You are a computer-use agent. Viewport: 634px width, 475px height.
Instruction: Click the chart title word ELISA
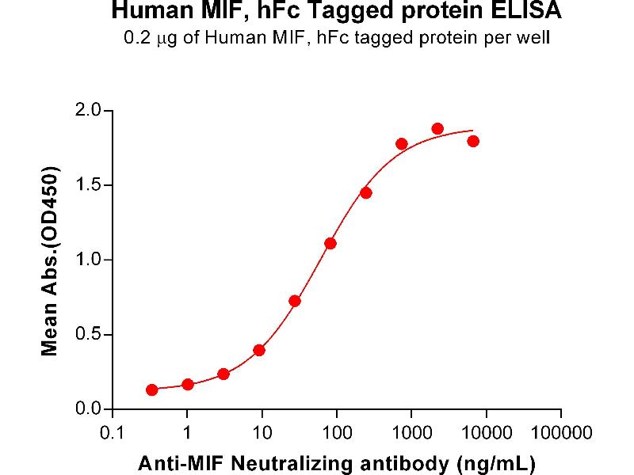point(532,11)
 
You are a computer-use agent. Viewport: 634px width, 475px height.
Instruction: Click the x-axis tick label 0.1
point(112,433)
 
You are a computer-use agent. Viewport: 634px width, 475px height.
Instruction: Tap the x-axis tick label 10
point(262,433)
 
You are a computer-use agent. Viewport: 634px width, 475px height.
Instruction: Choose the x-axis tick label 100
point(336,433)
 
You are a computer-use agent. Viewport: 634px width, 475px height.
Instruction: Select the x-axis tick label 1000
point(411,433)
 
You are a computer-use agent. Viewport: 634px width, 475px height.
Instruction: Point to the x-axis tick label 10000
point(486,433)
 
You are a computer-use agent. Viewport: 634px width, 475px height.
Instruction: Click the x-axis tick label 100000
point(560,433)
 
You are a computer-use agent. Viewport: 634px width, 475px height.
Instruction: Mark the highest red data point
point(437,128)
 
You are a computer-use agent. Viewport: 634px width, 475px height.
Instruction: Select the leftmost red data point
point(151,389)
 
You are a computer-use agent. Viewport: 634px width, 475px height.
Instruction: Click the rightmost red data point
point(473,141)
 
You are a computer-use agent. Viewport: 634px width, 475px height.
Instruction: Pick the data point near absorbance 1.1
point(330,243)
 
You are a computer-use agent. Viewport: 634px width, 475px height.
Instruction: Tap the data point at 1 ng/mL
point(187,384)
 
